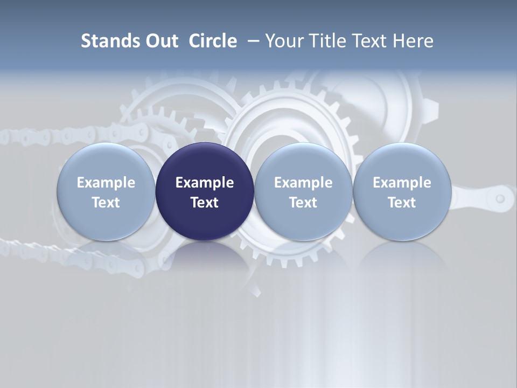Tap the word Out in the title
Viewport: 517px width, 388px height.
tap(160, 41)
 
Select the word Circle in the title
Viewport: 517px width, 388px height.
tap(213, 41)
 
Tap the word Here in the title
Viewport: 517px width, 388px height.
tap(414, 41)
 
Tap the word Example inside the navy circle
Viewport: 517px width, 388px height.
tap(205, 183)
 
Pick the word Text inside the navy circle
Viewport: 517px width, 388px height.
tap(205, 203)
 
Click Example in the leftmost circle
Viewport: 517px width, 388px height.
tap(106, 183)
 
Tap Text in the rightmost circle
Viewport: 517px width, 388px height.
tap(402, 203)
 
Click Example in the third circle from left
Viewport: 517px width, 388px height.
tap(303, 183)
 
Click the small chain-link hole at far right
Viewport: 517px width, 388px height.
tap(500, 199)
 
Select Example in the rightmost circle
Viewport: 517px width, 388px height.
tap(402, 183)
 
